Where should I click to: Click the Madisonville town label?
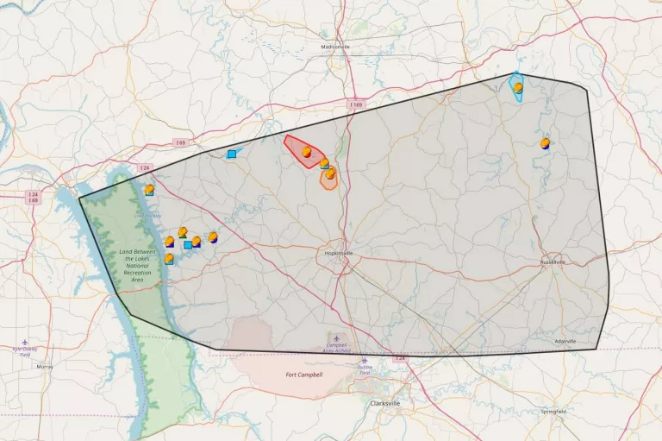click(x=335, y=47)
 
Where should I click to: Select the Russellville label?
click(x=552, y=261)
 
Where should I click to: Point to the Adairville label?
click(x=565, y=342)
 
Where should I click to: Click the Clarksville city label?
click(x=386, y=403)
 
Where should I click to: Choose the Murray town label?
click(x=44, y=366)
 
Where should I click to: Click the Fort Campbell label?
click(x=303, y=375)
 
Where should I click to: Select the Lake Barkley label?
click(x=147, y=216)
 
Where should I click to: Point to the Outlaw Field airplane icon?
click(x=365, y=361)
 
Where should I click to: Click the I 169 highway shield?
click(x=355, y=104)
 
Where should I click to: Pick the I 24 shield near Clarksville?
click(x=400, y=358)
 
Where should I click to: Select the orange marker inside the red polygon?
click(x=307, y=152)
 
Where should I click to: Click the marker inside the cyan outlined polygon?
click(x=518, y=87)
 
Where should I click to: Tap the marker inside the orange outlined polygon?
click(x=330, y=174)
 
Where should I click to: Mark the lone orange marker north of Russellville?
click(x=545, y=143)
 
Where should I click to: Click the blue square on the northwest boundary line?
click(x=232, y=154)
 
